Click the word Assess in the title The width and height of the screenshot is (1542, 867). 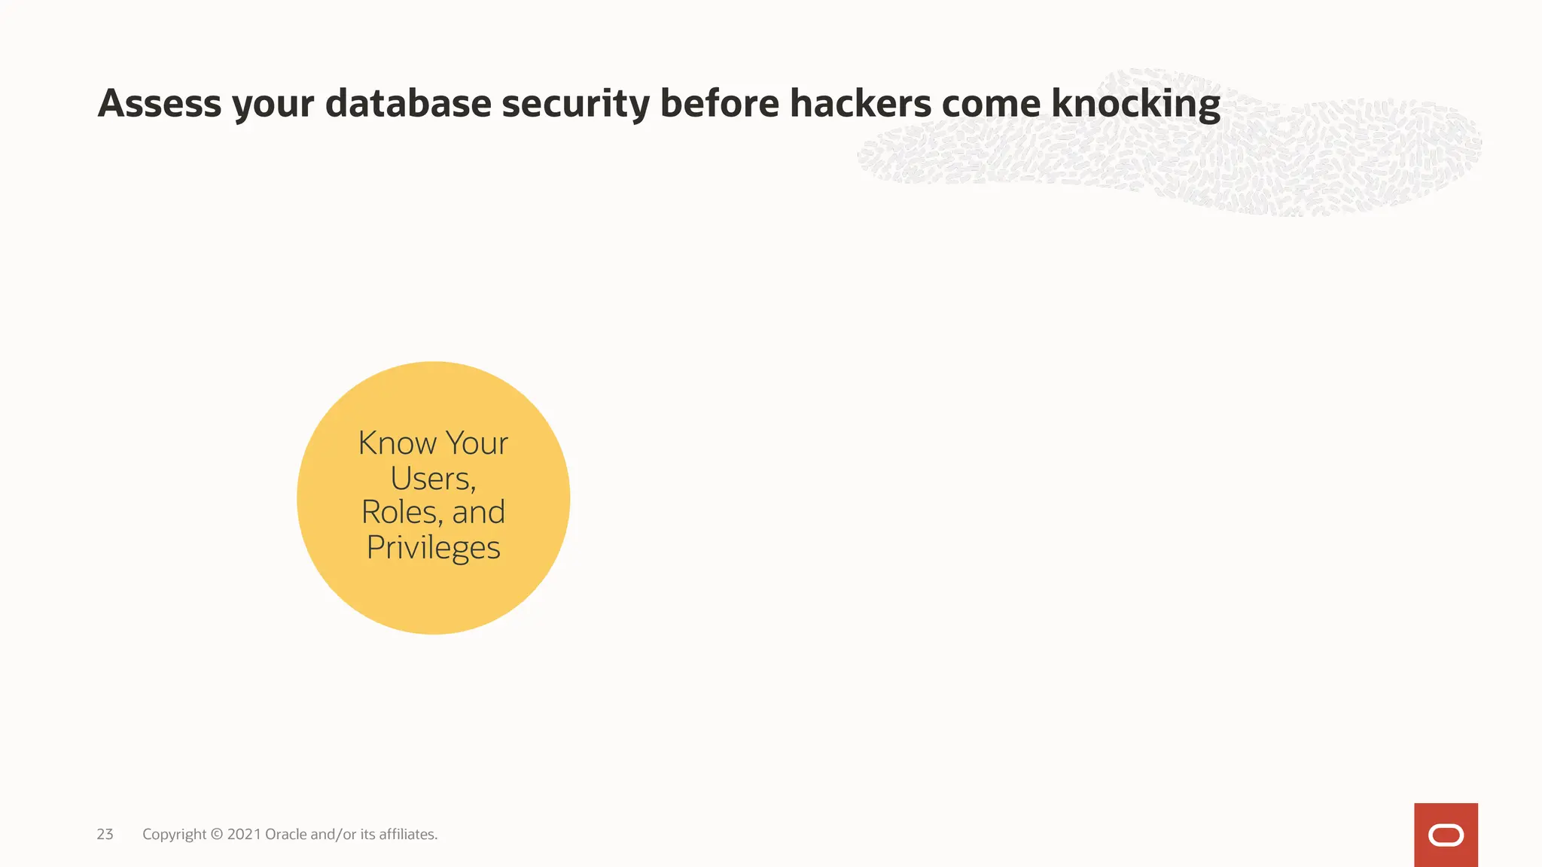coord(160,103)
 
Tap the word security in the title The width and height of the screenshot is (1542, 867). coord(575,105)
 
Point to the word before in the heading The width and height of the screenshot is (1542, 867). coord(719,103)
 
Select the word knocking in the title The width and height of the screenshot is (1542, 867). coord(1135,105)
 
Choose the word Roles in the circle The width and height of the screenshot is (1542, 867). coord(401,513)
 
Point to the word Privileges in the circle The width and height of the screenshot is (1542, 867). coord(434,548)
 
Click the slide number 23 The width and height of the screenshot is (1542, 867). coord(105,834)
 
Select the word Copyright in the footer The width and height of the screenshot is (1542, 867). coord(174,835)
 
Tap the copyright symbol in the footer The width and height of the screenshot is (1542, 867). coord(217,834)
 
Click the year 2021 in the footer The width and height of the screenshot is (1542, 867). coord(244,834)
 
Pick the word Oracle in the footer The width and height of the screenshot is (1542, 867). coord(286,834)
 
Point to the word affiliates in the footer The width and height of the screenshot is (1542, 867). coord(407,834)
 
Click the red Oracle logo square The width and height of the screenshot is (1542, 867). coord(1446,835)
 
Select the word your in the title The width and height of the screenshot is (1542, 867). coord(273,105)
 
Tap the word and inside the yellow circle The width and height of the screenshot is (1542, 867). coord(478,513)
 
